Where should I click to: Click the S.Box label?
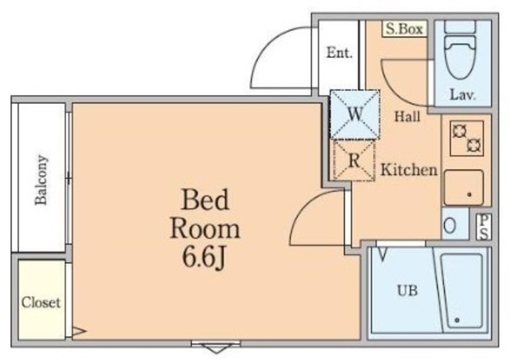[404, 29]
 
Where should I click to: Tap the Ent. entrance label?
[339, 53]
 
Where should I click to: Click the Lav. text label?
[462, 95]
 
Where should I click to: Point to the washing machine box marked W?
[355, 113]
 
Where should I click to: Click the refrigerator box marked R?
[355, 159]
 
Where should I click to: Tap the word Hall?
[407, 117]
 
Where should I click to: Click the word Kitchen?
[408, 169]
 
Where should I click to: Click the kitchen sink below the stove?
[464, 188]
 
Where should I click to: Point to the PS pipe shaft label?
[484, 225]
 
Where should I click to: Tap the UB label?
[407, 290]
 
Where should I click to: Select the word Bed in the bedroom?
[205, 198]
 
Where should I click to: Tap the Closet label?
[41, 303]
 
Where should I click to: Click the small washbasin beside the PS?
[451, 225]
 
